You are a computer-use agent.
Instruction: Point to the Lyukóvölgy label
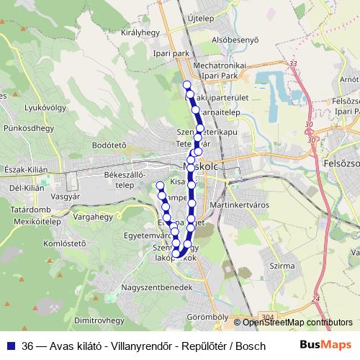coord(40,108)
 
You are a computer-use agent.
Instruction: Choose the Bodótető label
coord(109,144)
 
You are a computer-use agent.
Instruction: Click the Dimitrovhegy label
coord(100,319)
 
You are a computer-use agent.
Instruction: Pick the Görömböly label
coord(207,317)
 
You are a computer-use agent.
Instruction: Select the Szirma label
coord(279,266)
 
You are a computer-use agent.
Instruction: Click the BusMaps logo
coord(325,345)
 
